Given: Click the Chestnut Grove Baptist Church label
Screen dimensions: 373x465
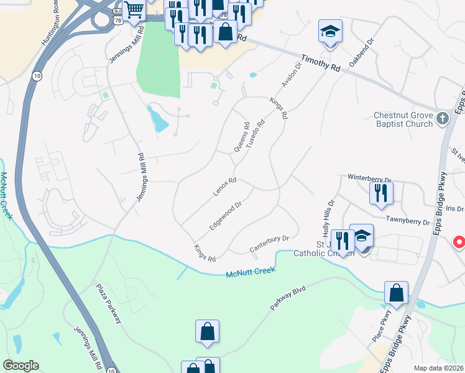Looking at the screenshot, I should click(x=403, y=119).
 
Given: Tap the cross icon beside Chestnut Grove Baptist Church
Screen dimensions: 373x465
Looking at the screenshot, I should click(x=442, y=118).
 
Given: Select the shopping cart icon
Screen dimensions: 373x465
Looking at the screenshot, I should click(x=134, y=11).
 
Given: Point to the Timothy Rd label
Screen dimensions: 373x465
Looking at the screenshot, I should click(x=321, y=64).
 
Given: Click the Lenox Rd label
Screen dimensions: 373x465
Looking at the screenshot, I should click(x=224, y=187).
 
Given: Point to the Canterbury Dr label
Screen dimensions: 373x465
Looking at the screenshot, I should click(x=270, y=243).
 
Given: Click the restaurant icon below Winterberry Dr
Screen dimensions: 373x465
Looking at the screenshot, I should click(x=380, y=193).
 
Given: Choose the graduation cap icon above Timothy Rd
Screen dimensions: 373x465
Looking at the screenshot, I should click(x=330, y=31).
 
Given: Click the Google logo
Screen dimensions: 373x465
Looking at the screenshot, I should click(x=21, y=366).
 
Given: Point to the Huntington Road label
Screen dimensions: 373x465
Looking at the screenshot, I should click(x=50, y=23).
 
